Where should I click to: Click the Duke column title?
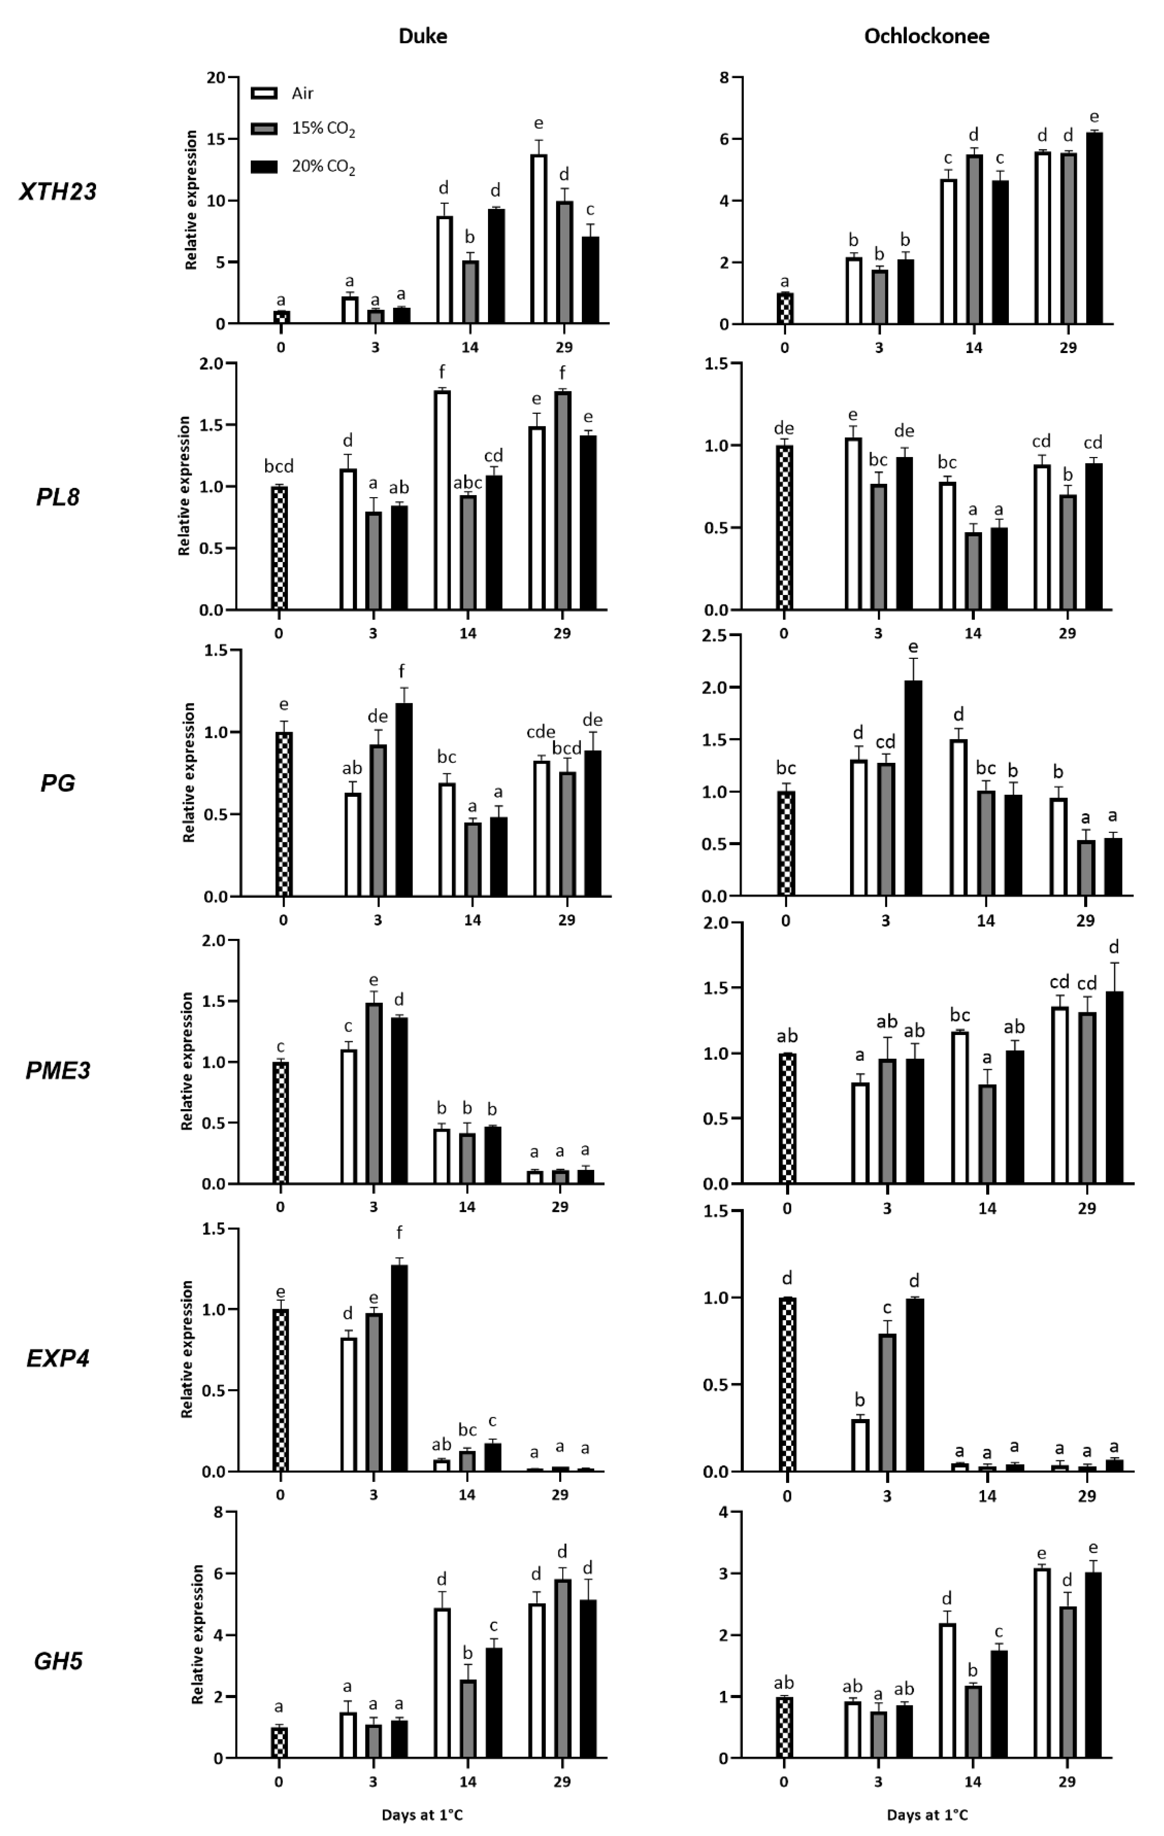[423, 36]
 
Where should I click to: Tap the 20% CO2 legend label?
[323, 166]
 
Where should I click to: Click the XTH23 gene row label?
[58, 191]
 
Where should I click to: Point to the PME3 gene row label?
[58, 1071]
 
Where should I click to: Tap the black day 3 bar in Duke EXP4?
[399, 1369]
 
